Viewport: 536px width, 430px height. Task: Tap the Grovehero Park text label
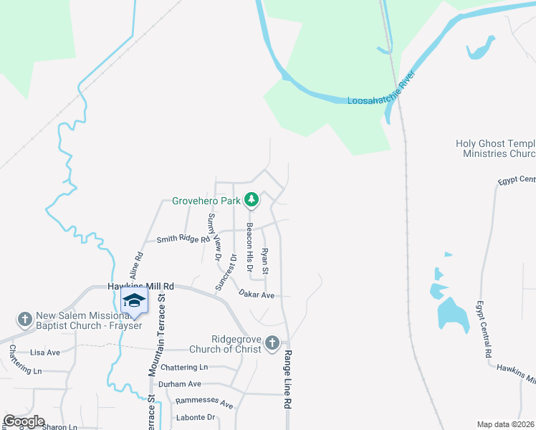[x=206, y=201]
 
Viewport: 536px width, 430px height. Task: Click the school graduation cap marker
[x=133, y=300]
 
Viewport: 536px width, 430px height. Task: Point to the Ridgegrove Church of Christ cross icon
[x=272, y=344]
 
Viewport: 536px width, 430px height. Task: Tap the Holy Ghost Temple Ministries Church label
[x=495, y=148]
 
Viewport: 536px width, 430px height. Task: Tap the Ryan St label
[x=264, y=261]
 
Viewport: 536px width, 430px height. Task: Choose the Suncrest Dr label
[x=226, y=272]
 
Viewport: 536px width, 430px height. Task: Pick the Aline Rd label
[x=136, y=265]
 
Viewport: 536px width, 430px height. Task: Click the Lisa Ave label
[x=45, y=353]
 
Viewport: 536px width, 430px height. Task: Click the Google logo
[x=24, y=421]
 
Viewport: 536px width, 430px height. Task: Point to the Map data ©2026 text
[x=504, y=424]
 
